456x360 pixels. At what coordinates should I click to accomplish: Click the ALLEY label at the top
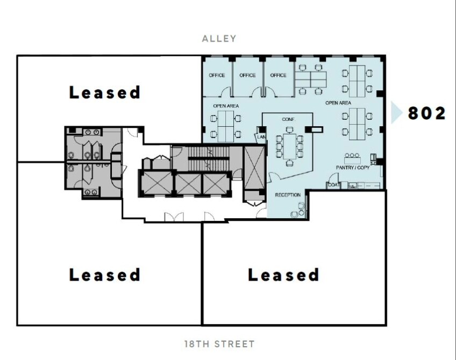point(219,39)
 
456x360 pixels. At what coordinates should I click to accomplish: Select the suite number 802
point(426,113)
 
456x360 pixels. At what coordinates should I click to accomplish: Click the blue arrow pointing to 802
point(396,113)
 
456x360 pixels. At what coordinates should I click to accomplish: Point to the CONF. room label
point(289,119)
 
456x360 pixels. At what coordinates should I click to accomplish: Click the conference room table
point(289,145)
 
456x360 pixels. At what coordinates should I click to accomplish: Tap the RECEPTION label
point(288,195)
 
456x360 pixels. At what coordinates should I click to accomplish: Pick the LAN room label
point(261,137)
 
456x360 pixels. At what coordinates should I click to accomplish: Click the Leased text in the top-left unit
point(105,92)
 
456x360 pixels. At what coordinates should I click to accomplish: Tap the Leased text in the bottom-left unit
point(105,275)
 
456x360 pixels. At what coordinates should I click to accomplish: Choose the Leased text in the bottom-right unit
point(283,275)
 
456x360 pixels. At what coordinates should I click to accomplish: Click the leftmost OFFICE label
point(217,75)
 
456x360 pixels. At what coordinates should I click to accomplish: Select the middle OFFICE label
point(247,75)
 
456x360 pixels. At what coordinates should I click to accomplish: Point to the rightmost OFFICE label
point(279,75)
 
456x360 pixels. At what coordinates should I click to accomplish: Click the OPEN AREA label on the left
point(226,106)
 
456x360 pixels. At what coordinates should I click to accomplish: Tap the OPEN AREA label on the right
point(338,102)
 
